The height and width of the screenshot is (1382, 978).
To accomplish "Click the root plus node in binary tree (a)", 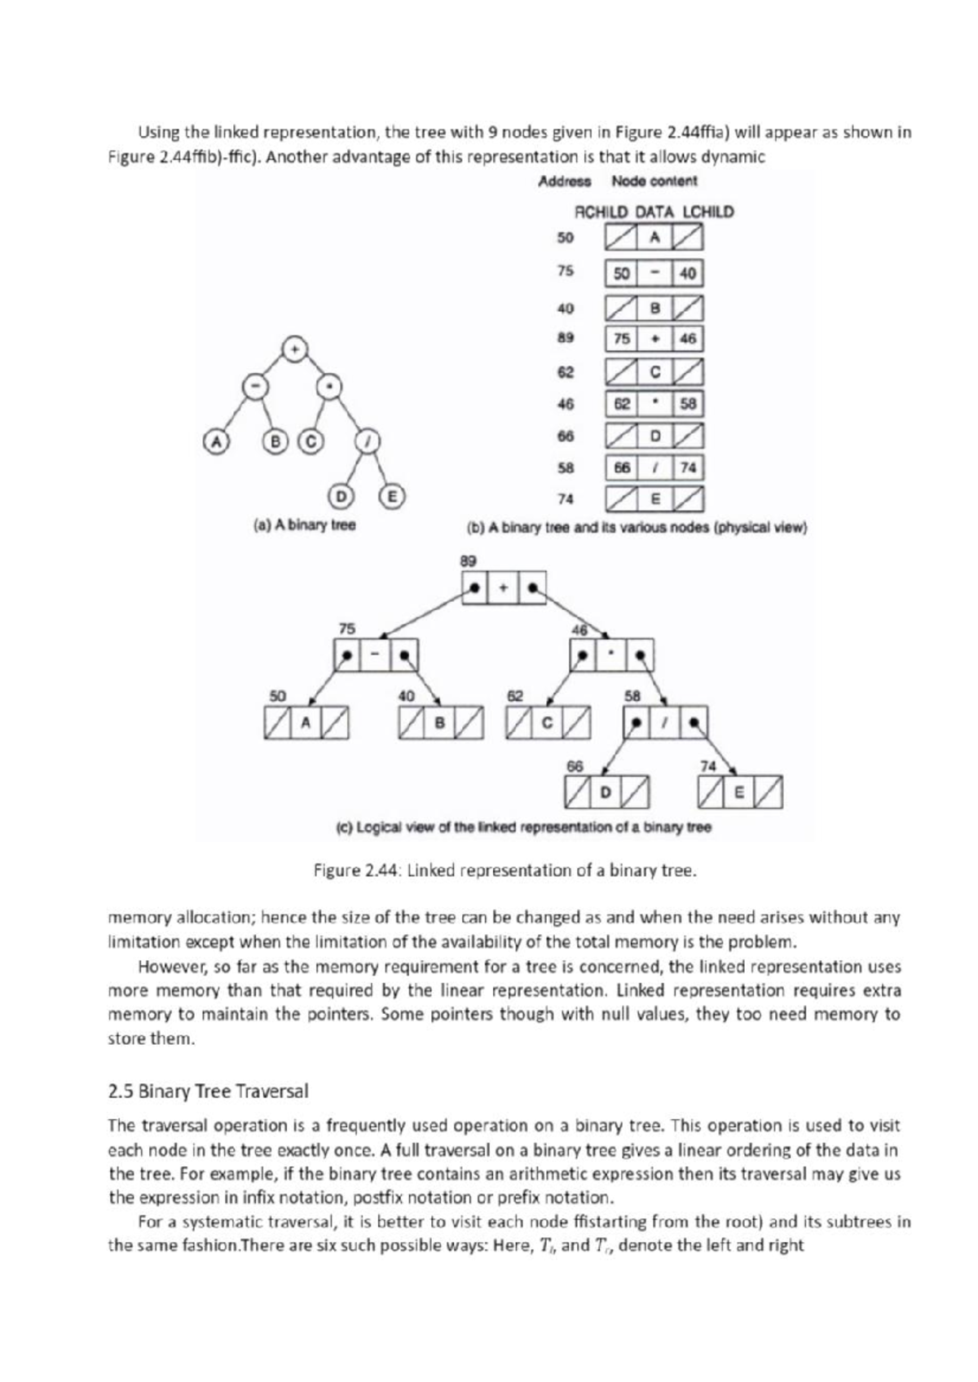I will tap(294, 349).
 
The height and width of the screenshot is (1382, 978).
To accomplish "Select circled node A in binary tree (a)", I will tap(215, 441).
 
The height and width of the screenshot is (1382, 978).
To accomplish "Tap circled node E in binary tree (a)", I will tap(393, 496).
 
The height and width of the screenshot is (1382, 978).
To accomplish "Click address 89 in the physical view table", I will tap(566, 336).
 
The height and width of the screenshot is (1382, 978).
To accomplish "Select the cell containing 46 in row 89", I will tap(687, 339).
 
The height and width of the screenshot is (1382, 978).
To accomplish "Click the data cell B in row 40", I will tap(654, 309).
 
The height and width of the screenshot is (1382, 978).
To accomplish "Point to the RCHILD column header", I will tap(601, 212).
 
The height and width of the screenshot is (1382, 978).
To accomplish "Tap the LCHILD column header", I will tap(707, 212).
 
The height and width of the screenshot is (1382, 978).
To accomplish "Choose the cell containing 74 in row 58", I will tap(688, 467).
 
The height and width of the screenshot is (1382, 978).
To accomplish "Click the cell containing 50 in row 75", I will tap(622, 274).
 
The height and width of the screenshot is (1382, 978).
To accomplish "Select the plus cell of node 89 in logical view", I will tap(504, 587).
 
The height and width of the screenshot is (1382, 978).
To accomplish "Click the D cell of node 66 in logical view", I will tap(605, 792).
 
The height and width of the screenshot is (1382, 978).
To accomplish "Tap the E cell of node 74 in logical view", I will tap(740, 792).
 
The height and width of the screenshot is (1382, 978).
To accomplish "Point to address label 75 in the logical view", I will tap(347, 629).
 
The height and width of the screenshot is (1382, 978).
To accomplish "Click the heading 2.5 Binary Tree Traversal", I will tap(208, 1090).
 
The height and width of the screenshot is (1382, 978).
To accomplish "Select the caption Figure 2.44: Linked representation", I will tap(505, 871).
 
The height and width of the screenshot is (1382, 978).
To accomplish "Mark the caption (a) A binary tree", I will tap(305, 525).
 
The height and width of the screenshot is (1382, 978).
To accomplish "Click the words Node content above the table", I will tap(654, 181).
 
